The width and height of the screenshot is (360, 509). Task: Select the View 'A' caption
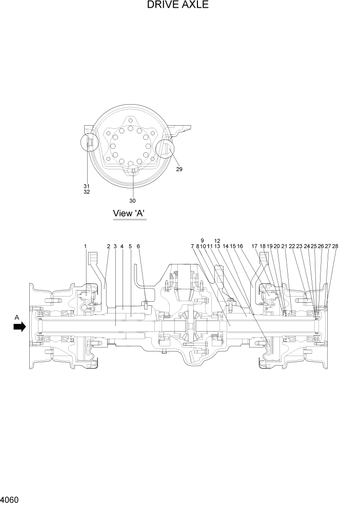pyautogui.click(x=130, y=213)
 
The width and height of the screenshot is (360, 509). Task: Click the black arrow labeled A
pyautogui.click(x=19, y=327)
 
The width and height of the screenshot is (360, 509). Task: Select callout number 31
pyautogui.click(x=86, y=186)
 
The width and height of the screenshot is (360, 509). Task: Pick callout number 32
pyautogui.click(x=86, y=192)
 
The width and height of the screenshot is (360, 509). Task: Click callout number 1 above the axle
pyautogui.click(x=86, y=247)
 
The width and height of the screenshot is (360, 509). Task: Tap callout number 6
pyautogui.click(x=138, y=247)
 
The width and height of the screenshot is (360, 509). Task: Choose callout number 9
pyautogui.click(x=203, y=241)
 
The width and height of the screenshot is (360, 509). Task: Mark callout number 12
pyautogui.click(x=217, y=241)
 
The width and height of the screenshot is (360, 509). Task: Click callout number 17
pyautogui.click(x=254, y=247)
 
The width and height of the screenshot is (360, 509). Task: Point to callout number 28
pyautogui.click(x=335, y=247)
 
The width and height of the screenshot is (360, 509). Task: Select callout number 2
pyautogui.click(x=108, y=247)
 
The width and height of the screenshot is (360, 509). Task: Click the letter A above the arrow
pyautogui.click(x=17, y=318)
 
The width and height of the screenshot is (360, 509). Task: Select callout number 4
pyautogui.click(x=122, y=247)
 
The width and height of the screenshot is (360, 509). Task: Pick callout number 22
pyautogui.click(x=292, y=247)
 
